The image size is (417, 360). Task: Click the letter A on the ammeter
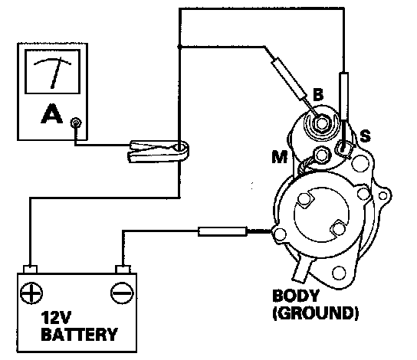coord(52,113)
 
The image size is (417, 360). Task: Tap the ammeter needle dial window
coord(52,71)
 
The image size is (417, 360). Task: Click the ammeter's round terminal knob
coord(76,123)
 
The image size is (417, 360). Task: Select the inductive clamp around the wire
coord(159,151)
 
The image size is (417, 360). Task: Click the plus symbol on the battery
coord(31,293)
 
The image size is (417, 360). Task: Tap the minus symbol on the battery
coord(122,293)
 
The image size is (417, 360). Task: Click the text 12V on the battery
coord(56,318)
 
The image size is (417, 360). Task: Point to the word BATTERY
coord(79,335)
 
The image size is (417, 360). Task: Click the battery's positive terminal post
coord(31,269)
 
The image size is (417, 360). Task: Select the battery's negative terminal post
coord(123,269)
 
